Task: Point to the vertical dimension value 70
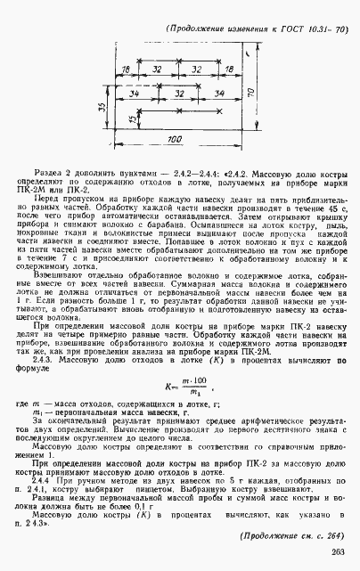click(251, 92)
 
